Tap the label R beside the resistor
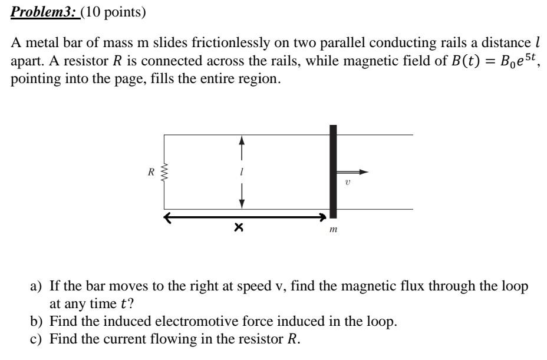click(151, 173)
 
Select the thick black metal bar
click(333, 171)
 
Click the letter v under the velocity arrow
click(348, 183)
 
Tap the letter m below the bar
click(334, 229)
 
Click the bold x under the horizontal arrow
click(238, 227)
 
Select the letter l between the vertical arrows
click(241, 172)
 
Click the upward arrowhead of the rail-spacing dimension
click(241, 140)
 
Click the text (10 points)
click(113, 12)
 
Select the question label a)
click(36, 287)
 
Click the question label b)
click(36, 322)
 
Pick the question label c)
click(36, 339)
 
